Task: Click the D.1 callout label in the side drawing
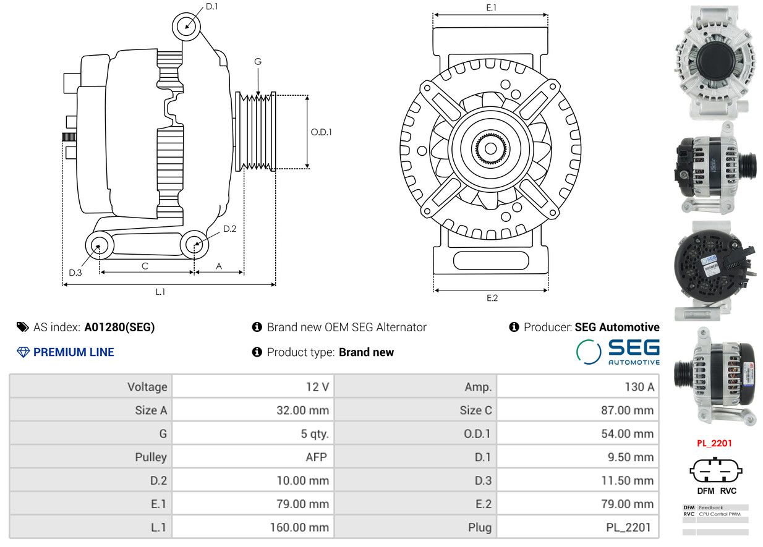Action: [212, 6]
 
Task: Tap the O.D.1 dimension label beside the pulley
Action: [321, 132]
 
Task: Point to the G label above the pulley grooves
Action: [258, 62]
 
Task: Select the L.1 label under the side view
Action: [160, 292]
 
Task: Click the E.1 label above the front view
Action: [491, 7]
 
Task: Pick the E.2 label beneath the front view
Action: [492, 299]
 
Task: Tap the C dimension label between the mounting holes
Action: [145, 266]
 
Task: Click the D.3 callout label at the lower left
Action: [75, 273]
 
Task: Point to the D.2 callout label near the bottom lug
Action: [229, 229]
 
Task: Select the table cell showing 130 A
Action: [639, 387]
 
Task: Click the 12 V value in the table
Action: [317, 387]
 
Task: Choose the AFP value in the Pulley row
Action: [317, 457]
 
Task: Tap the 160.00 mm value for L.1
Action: [299, 528]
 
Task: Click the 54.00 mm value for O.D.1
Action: [628, 434]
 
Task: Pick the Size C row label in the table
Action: [475, 410]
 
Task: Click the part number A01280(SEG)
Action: [119, 328]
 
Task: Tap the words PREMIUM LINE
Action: [74, 352]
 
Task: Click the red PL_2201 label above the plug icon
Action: [714, 443]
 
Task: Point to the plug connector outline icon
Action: [715, 471]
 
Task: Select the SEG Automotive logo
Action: [618, 352]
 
